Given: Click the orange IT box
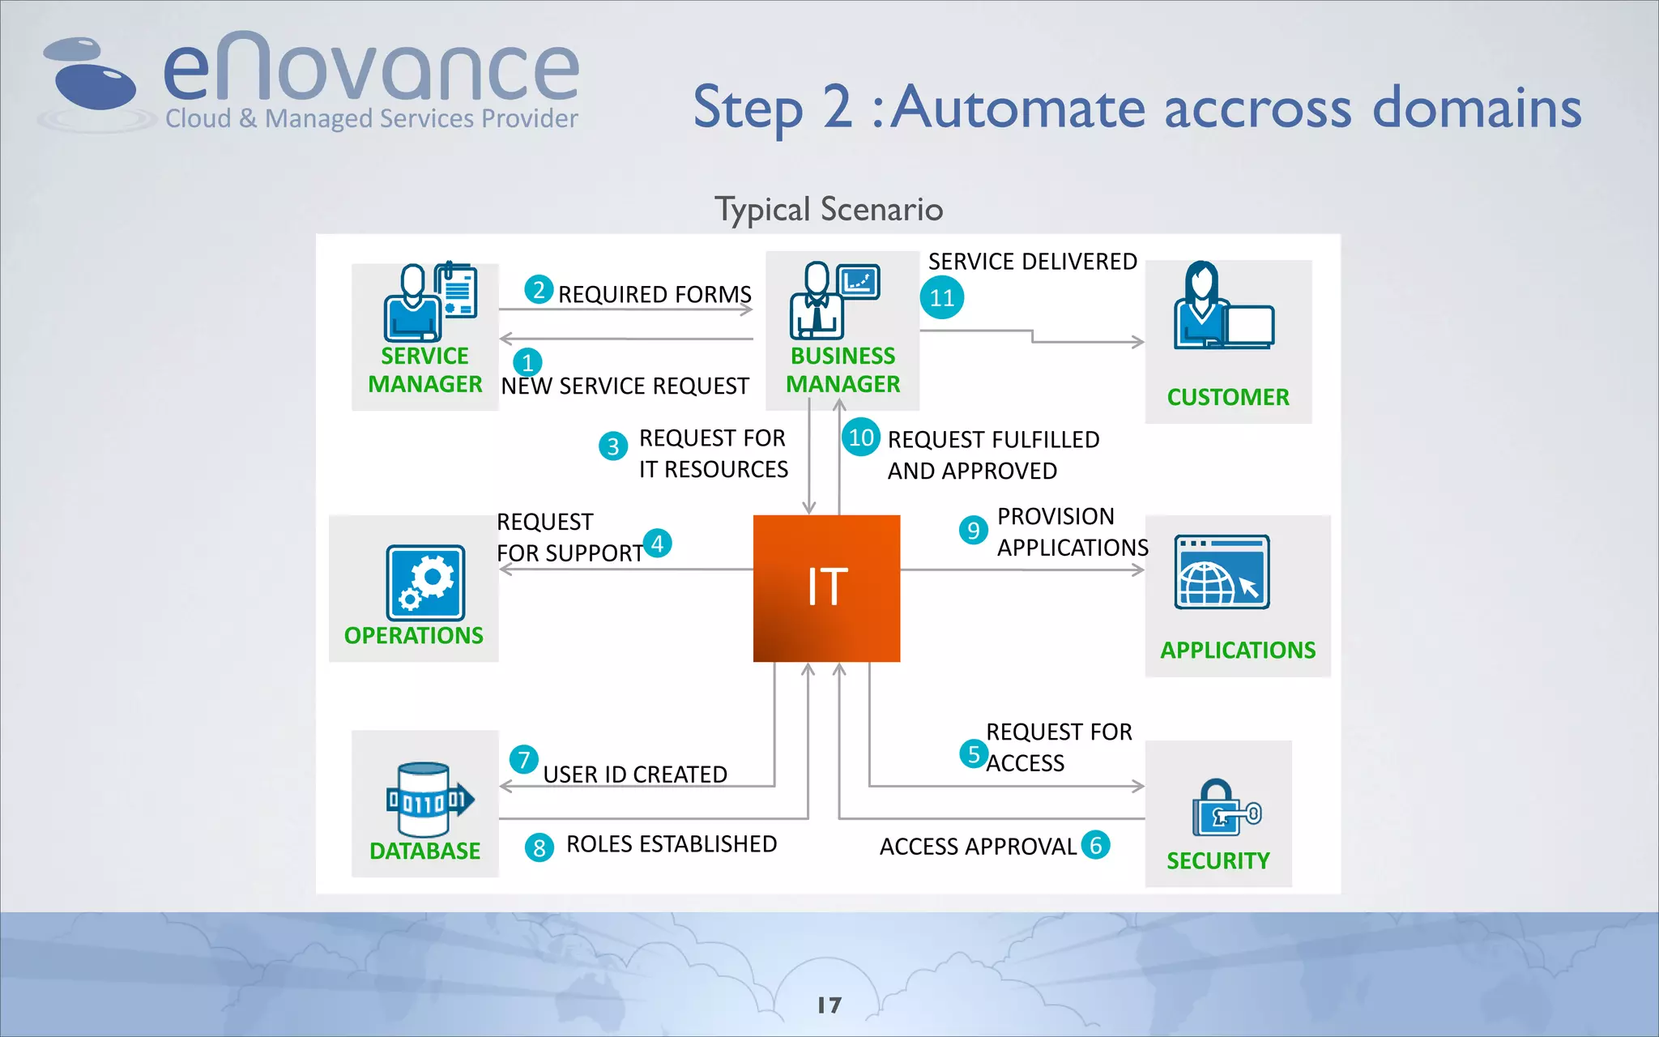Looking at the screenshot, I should click(826, 588).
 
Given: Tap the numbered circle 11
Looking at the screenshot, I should click(941, 298).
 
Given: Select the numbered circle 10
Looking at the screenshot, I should click(860, 437).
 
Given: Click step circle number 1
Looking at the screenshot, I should click(527, 362).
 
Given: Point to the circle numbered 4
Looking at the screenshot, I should click(657, 543).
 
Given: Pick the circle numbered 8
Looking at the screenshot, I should click(539, 848).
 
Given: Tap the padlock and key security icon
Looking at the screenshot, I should click(1224, 808).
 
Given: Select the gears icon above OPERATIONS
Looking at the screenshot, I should click(425, 583).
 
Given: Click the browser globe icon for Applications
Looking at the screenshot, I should click(1222, 572).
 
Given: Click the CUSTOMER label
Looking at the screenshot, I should click(1227, 397).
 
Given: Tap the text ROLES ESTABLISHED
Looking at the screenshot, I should click(671, 844).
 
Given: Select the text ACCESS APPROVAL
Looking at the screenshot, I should click(978, 847).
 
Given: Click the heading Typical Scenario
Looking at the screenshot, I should click(828, 210).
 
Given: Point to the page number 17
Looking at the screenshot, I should click(829, 1005).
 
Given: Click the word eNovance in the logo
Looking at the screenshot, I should click(371, 71).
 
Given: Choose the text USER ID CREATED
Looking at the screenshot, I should click(634, 775).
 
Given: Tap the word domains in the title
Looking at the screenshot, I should click(1476, 108).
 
